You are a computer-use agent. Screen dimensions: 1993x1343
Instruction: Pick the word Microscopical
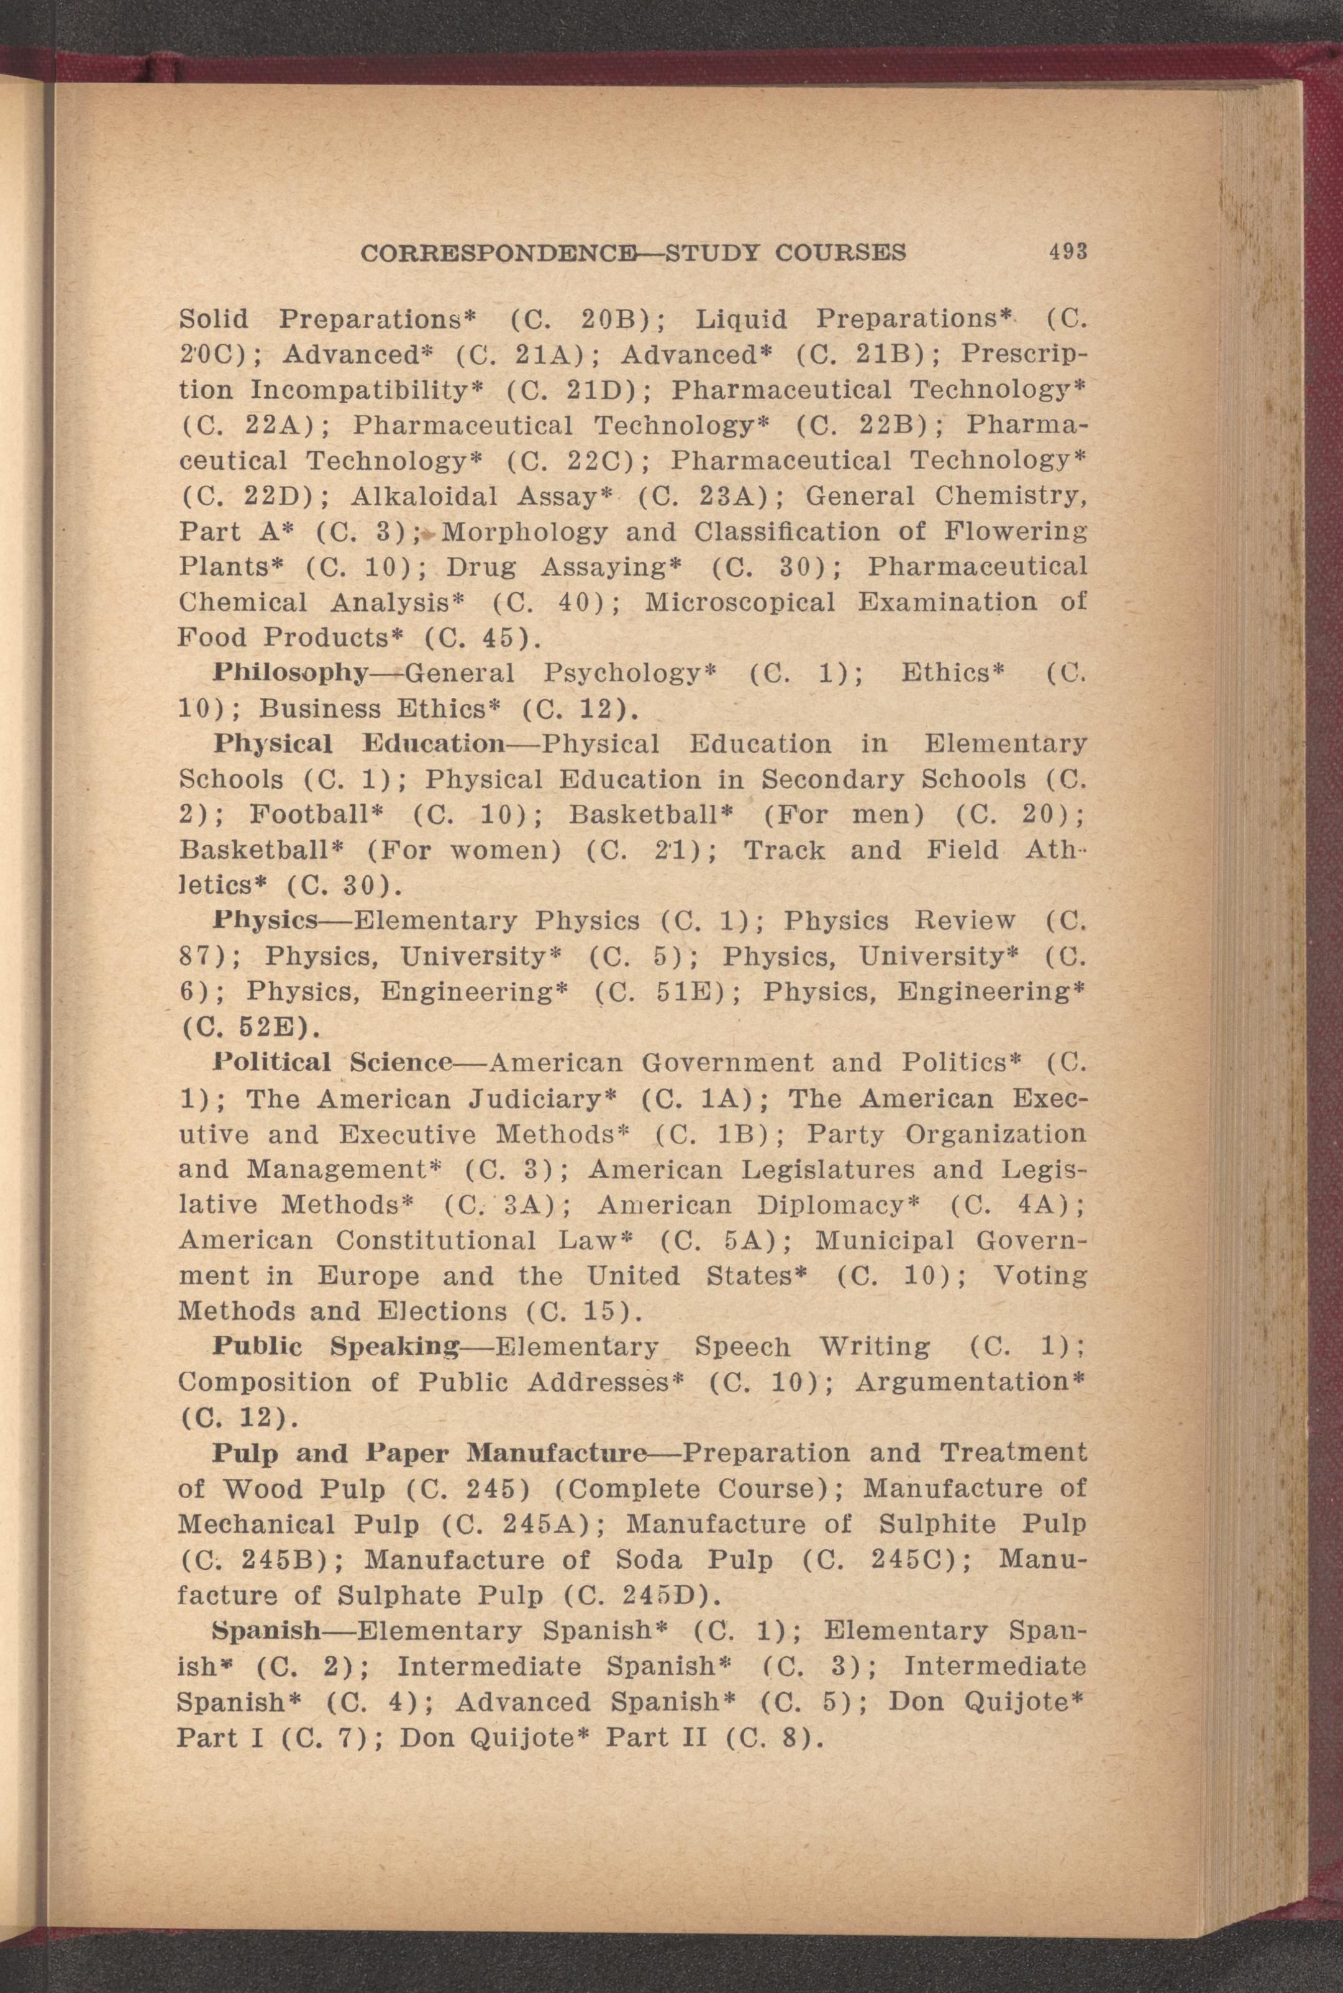click(739, 602)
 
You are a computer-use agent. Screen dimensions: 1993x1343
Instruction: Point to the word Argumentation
click(968, 1382)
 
